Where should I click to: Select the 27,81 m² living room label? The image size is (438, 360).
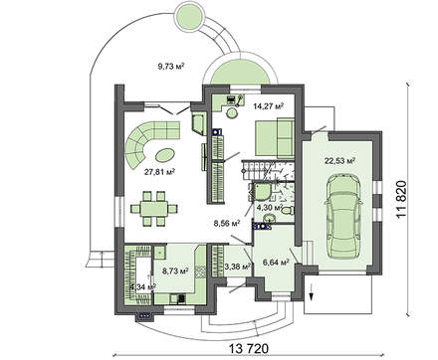tap(158, 171)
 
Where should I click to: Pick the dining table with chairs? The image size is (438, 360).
tap(151, 208)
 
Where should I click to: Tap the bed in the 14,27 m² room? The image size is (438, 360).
tap(270, 134)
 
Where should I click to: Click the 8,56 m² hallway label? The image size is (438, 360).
tap(228, 224)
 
